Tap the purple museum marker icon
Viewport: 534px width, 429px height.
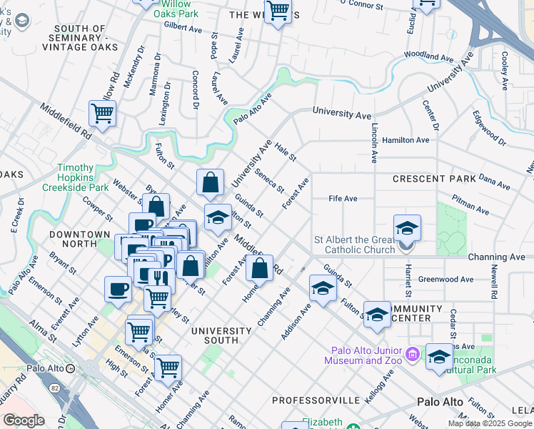pos(412,354)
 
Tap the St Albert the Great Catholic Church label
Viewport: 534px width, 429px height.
pos(355,245)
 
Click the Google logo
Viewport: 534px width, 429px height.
pos(24,420)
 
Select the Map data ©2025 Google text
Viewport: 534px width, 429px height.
pos(490,423)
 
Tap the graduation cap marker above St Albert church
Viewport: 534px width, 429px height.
pos(407,228)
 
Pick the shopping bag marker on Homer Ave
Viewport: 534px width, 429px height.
pos(261,269)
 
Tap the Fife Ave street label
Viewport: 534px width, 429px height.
pos(343,198)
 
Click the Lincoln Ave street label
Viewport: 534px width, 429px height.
pos(374,142)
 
